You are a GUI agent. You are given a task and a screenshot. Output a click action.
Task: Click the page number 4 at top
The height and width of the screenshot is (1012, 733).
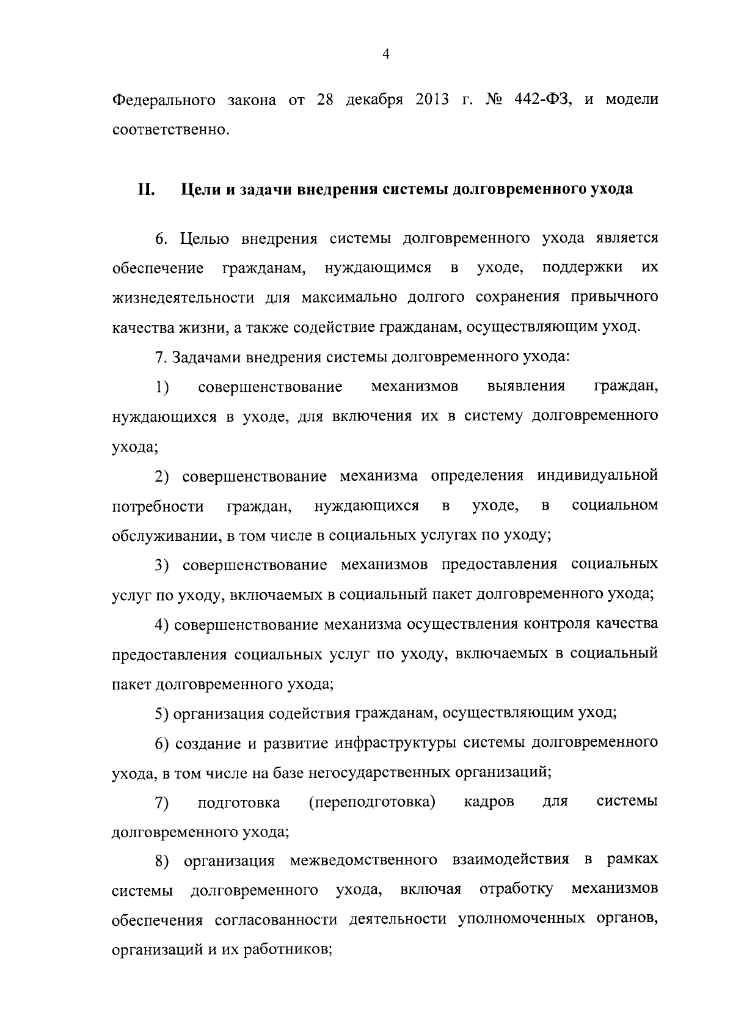pos(385,54)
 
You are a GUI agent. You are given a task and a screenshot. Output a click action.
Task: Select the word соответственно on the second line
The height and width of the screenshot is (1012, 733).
pos(170,130)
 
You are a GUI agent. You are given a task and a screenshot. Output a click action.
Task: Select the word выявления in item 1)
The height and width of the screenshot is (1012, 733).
pos(527,386)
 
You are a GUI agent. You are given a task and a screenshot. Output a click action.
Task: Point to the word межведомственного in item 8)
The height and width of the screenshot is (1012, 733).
pos(363,861)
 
